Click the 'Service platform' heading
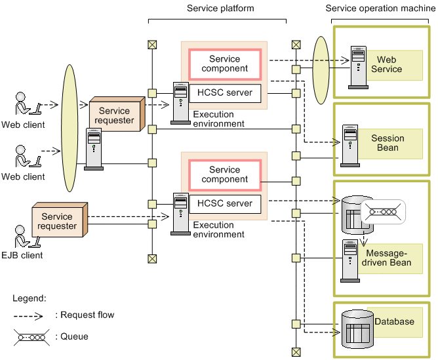(x=220, y=9)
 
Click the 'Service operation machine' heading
(x=381, y=9)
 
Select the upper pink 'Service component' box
(x=225, y=64)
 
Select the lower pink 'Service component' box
(x=225, y=174)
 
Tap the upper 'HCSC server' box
(x=225, y=93)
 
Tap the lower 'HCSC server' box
(x=225, y=204)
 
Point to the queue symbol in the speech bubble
(x=382, y=211)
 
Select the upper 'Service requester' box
(x=115, y=115)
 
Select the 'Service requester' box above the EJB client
(x=58, y=222)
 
